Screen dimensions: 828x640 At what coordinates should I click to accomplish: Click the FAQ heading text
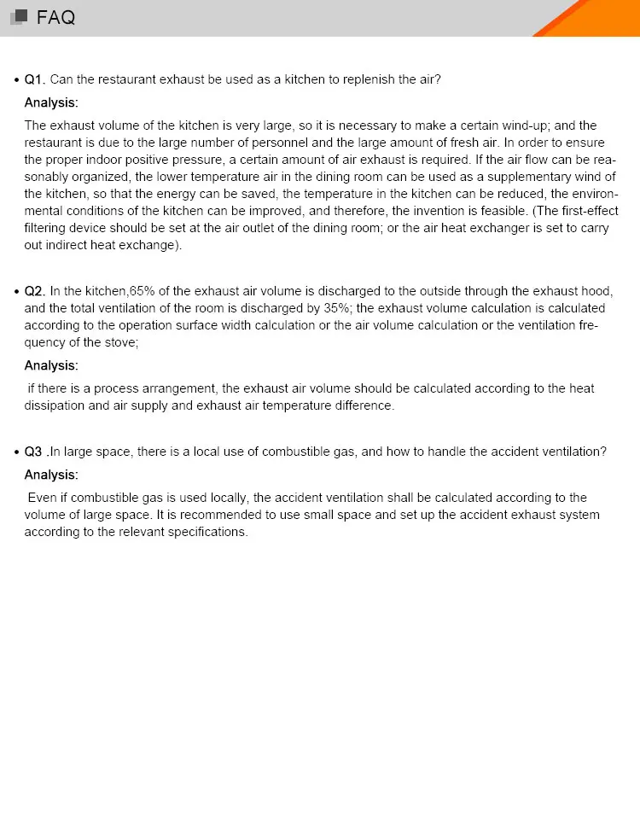coord(56,17)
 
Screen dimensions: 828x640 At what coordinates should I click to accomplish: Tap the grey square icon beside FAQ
coord(18,17)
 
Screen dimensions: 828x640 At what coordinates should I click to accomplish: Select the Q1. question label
coord(34,79)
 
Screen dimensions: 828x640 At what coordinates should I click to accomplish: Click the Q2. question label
coord(34,291)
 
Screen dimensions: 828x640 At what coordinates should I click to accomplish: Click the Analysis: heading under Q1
coord(51,102)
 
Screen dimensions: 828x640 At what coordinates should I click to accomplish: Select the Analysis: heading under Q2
coord(51,365)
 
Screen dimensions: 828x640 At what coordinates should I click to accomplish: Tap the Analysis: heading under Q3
coord(51,475)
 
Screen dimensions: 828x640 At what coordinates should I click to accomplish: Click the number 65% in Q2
coord(143,291)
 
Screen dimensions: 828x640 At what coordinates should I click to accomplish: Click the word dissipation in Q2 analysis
coord(55,405)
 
